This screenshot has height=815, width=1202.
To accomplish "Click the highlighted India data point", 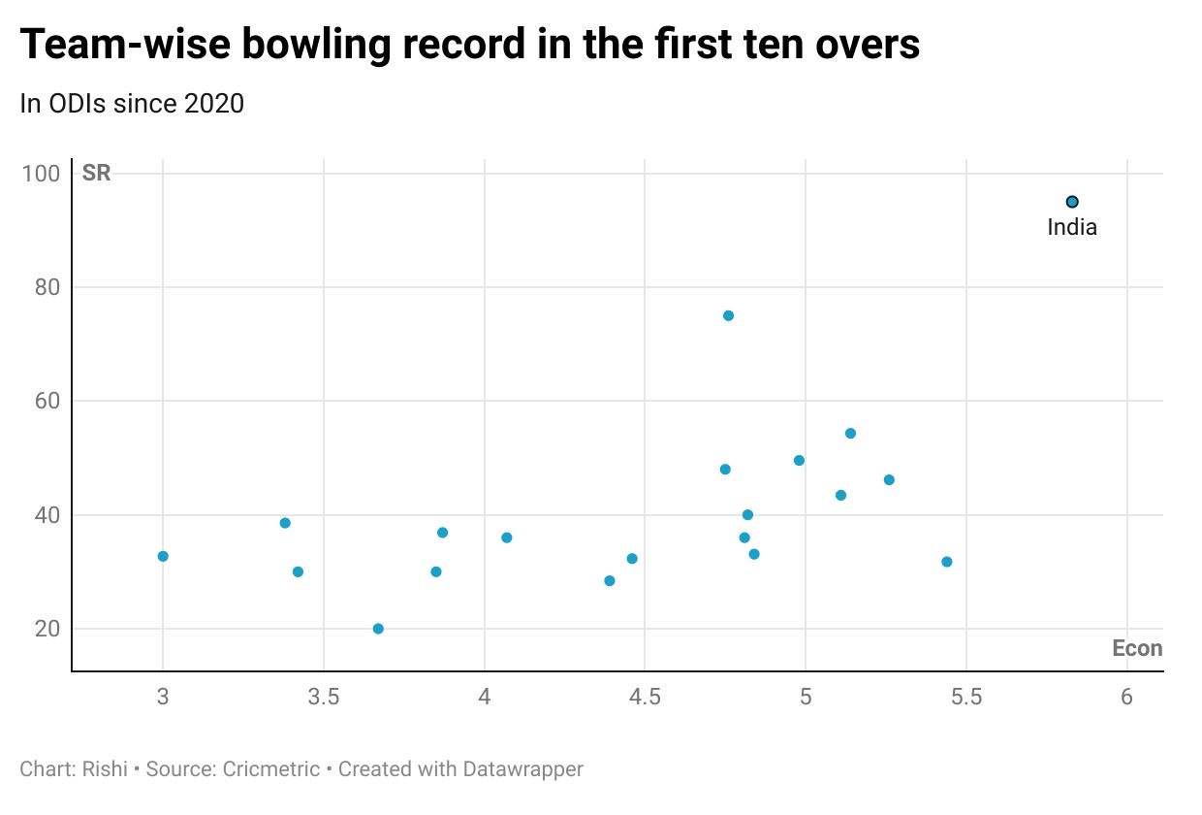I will (x=1072, y=202).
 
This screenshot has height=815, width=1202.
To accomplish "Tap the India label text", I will (x=1072, y=228).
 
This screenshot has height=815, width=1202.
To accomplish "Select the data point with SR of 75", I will (x=728, y=315).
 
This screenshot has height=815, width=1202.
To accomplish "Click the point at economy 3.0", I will (x=163, y=556).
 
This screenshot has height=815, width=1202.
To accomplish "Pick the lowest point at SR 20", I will (x=378, y=629).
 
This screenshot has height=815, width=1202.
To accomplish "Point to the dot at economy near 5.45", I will (x=947, y=562).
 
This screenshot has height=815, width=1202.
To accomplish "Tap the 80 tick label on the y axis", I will (x=47, y=287).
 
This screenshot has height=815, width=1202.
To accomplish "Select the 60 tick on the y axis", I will (x=47, y=401).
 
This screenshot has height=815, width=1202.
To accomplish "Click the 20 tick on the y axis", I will (x=47, y=629).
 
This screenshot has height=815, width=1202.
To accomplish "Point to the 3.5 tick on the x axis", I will (x=324, y=697).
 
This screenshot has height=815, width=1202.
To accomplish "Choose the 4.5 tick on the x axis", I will (x=645, y=697).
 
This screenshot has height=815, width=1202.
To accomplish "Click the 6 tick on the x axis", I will (x=1126, y=697).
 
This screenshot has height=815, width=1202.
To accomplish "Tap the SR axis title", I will (x=97, y=175).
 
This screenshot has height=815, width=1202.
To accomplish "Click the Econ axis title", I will (x=1137, y=649).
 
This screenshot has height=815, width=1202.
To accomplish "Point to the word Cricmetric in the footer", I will (x=270, y=769).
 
